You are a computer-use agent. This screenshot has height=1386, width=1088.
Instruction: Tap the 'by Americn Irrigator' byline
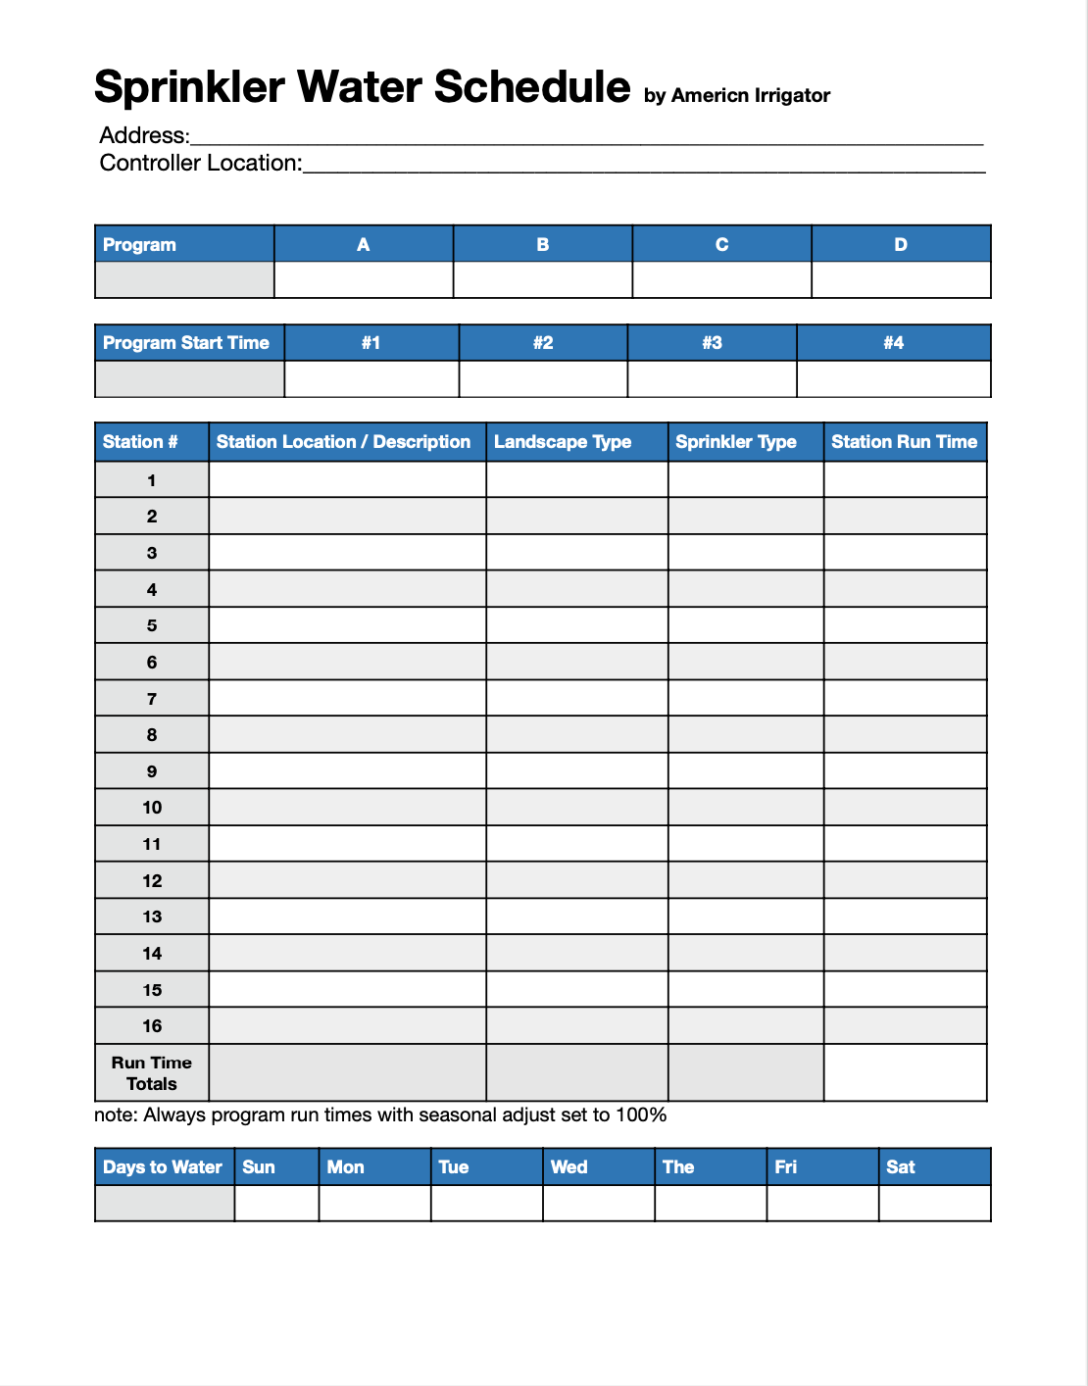pos(736,95)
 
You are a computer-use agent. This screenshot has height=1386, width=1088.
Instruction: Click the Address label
pos(143,135)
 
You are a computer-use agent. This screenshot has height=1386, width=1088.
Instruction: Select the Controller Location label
pos(200,163)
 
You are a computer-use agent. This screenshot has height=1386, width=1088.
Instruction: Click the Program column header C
pos(721,244)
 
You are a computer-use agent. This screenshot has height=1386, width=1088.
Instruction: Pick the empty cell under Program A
pos(363,279)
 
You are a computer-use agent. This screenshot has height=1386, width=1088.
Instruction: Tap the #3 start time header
pos(712,342)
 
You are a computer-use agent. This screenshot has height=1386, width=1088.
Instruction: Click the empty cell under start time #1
pos(371,378)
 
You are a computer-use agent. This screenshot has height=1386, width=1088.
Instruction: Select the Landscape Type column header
pos(563,441)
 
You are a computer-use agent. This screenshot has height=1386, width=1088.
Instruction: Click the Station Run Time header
pos(904,441)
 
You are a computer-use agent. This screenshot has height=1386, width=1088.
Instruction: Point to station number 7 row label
pos(152,699)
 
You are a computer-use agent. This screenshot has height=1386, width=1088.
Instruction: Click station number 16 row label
pos(152,1026)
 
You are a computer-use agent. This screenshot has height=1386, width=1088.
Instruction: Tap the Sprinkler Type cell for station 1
pos(745,479)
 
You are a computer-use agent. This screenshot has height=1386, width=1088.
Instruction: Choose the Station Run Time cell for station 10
pos(904,807)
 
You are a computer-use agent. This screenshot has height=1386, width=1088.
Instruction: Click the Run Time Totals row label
pos(152,1073)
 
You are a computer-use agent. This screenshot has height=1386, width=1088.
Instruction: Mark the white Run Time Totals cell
pos(904,1073)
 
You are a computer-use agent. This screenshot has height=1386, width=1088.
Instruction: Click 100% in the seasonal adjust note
pos(641,1114)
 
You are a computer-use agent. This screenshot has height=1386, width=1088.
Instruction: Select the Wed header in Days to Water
pos(569,1166)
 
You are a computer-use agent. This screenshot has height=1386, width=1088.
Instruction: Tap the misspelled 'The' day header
pos(678,1166)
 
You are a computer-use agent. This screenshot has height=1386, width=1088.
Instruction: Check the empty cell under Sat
pos(934,1203)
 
